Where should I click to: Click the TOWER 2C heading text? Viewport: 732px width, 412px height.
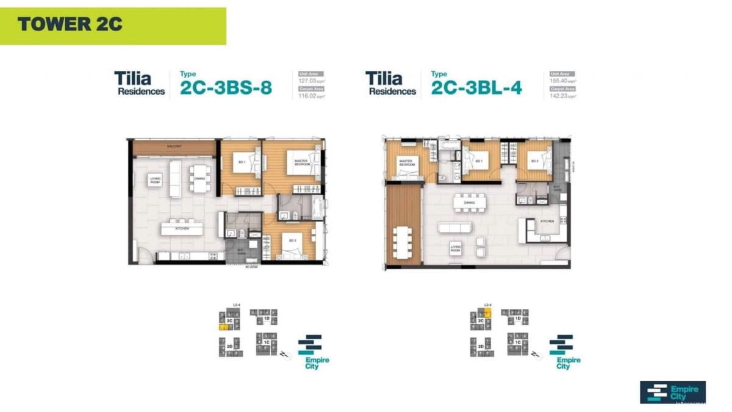point(70,24)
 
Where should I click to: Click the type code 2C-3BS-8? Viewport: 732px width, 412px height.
point(226,89)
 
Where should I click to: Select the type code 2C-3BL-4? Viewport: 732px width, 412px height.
point(476,89)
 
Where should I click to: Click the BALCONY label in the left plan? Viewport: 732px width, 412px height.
point(174,147)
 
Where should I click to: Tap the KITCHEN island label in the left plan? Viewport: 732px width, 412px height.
point(181,228)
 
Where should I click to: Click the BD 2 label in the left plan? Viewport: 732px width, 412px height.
point(293,240)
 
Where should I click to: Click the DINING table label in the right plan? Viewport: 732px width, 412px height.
point(469,202)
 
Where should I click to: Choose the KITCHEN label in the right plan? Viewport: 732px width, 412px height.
point(547,222)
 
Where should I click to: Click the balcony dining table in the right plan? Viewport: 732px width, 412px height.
point(403,242)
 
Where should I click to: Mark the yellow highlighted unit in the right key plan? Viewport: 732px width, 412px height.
point(487,314)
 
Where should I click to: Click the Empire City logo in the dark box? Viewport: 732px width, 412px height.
point(672,392)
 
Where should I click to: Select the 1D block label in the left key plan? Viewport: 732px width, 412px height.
point(267,319)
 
